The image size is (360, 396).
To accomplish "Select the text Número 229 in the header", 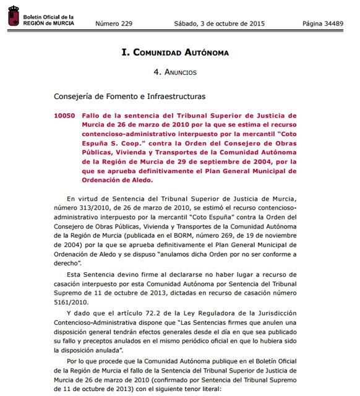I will click(113, 24).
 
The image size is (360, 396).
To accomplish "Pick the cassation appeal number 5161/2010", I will click(69, 303).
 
